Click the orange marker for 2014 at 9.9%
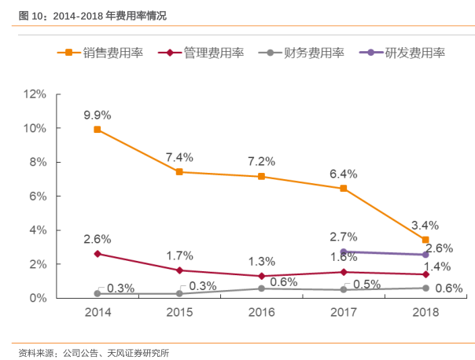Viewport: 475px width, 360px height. point(98,130)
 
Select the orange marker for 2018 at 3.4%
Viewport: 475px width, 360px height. point(425,240)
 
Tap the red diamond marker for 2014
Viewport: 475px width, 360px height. point(98,254)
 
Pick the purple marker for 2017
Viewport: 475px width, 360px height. point(344,252)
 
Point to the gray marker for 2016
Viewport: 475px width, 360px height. point(262,288)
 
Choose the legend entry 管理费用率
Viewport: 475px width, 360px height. point(201,53)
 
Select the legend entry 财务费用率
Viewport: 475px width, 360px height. point(304,53)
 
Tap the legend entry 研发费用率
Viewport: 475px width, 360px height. point(403,53)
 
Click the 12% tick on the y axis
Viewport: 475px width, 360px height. point(35,94)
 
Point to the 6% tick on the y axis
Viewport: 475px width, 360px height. point(39,197)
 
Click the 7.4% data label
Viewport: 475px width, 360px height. point(179,156)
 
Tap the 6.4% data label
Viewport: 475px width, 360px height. point(344,174)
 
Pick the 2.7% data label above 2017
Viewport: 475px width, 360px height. point(344,236)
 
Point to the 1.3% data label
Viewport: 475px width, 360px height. point(262,261)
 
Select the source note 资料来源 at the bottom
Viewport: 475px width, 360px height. point(94,352)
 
